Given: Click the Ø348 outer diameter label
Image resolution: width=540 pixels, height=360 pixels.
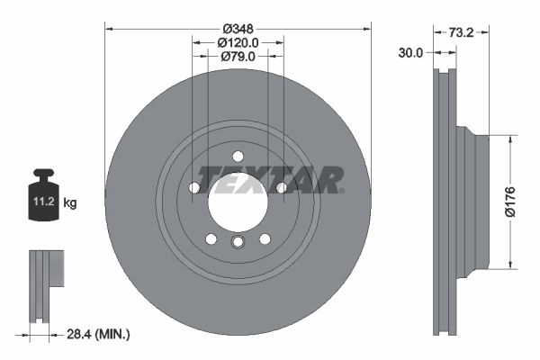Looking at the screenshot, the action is pos(238,29).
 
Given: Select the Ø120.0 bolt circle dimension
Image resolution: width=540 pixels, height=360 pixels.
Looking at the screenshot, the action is pos(238,42).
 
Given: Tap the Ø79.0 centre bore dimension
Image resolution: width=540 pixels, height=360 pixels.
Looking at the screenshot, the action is pos(238,56).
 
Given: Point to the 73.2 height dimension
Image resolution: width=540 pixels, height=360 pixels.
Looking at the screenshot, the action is pos(461,32).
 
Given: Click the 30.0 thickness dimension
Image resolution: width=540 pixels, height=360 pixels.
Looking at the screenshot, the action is pos(410,53).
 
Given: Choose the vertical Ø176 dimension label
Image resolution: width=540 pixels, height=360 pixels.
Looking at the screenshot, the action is pos(510,202).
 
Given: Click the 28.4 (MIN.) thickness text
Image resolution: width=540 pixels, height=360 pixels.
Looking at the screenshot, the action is pos(98,334).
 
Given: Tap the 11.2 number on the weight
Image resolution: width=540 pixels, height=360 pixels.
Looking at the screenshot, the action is pos(44,202).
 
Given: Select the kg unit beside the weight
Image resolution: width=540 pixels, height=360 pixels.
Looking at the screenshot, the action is pos(70,202).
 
